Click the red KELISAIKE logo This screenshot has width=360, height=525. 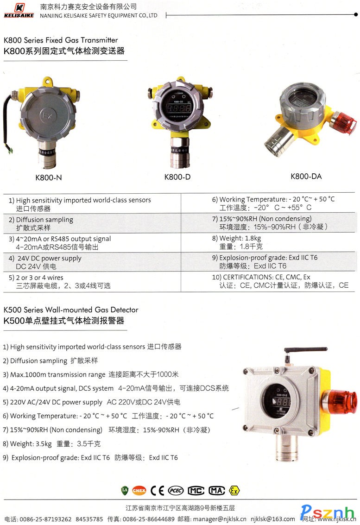point(19,10)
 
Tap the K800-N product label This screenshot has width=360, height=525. point(49,177)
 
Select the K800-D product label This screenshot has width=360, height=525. point(177,177)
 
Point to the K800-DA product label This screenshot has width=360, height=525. point(306,177)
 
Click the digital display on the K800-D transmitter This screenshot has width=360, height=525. point(179,108)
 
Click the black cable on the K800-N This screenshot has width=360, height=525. point(6,120)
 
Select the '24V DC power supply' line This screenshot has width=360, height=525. point(49,258)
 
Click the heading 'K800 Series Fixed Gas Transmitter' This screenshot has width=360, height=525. point(61,40)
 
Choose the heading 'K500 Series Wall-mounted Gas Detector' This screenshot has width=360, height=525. point(71,310)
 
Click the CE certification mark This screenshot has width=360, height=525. point(157,491)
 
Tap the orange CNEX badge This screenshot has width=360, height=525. point(139,491)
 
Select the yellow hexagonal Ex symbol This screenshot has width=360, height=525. point(234,491)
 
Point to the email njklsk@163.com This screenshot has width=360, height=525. point(273,519)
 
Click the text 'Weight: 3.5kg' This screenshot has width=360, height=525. point(31,444)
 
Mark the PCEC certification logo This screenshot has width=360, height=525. point(176,491)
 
